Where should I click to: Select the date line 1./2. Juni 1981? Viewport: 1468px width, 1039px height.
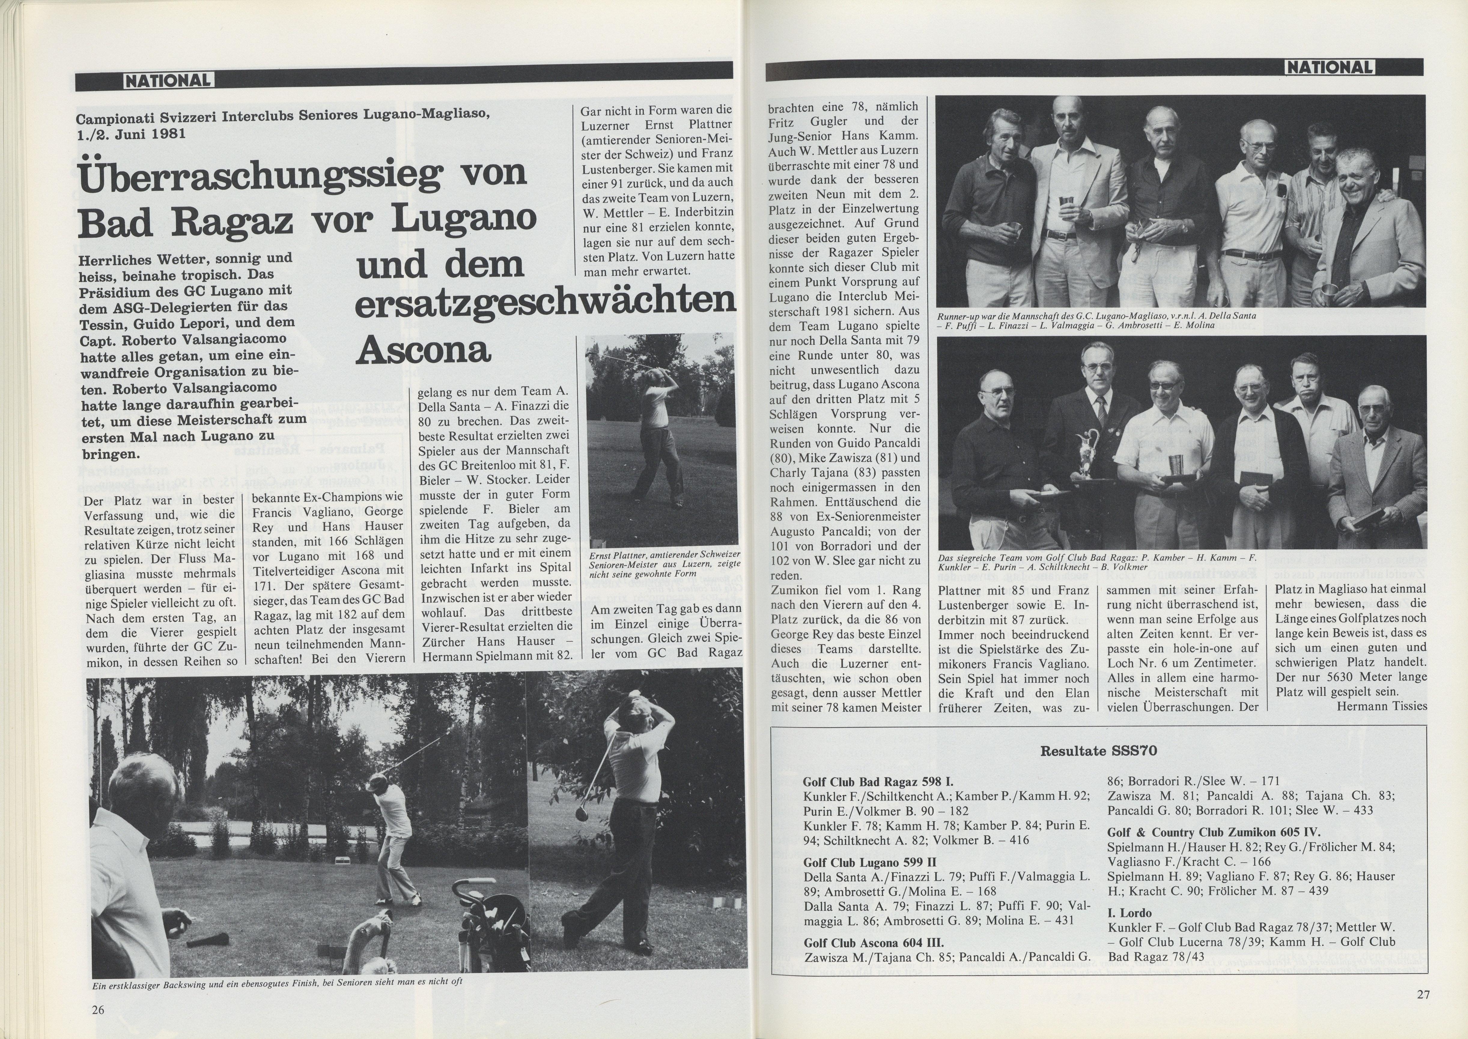point(131,134)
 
